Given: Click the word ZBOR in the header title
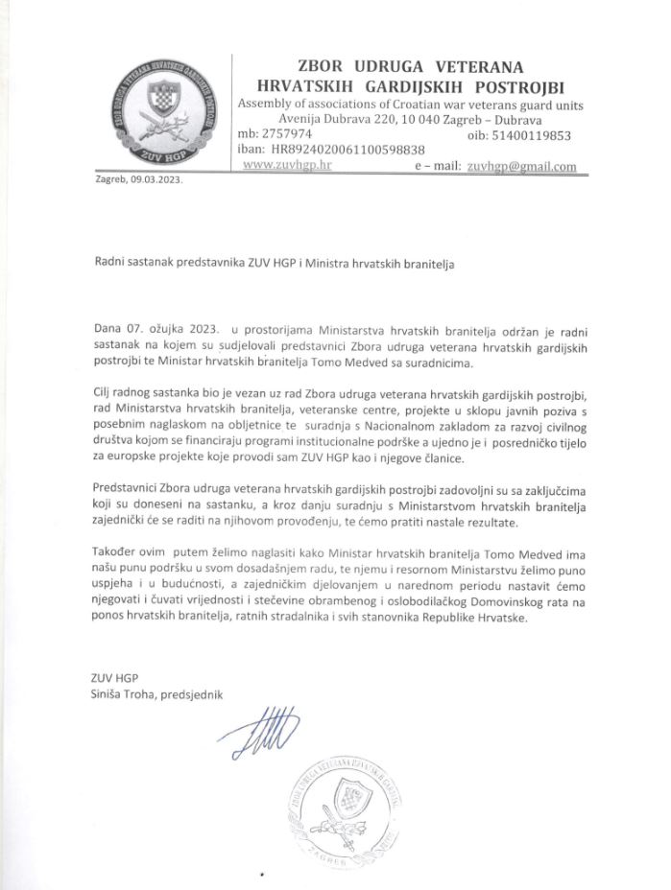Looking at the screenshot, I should [x=302, y=67].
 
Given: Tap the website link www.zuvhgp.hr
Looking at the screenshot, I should [x=287, y=165].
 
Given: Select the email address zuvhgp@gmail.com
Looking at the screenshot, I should [x=521, y=166].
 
